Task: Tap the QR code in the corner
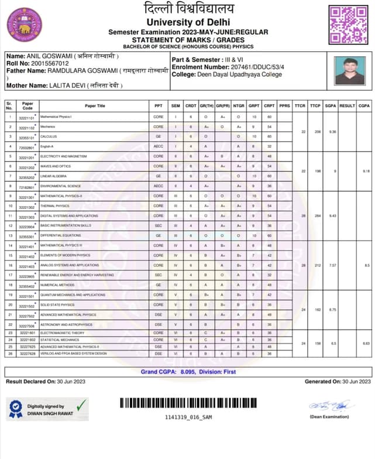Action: [x=349, y=24]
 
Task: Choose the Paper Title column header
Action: [x=95, y=106]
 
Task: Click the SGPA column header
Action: [x=331, y=106]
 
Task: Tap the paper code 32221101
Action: [x=27, y=117]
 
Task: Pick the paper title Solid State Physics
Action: [x=57, y=304]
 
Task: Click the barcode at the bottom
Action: [x=188, y=403]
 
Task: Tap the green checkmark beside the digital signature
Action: [x=81, y=403]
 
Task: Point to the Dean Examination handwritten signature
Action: [x=332, y=405]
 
